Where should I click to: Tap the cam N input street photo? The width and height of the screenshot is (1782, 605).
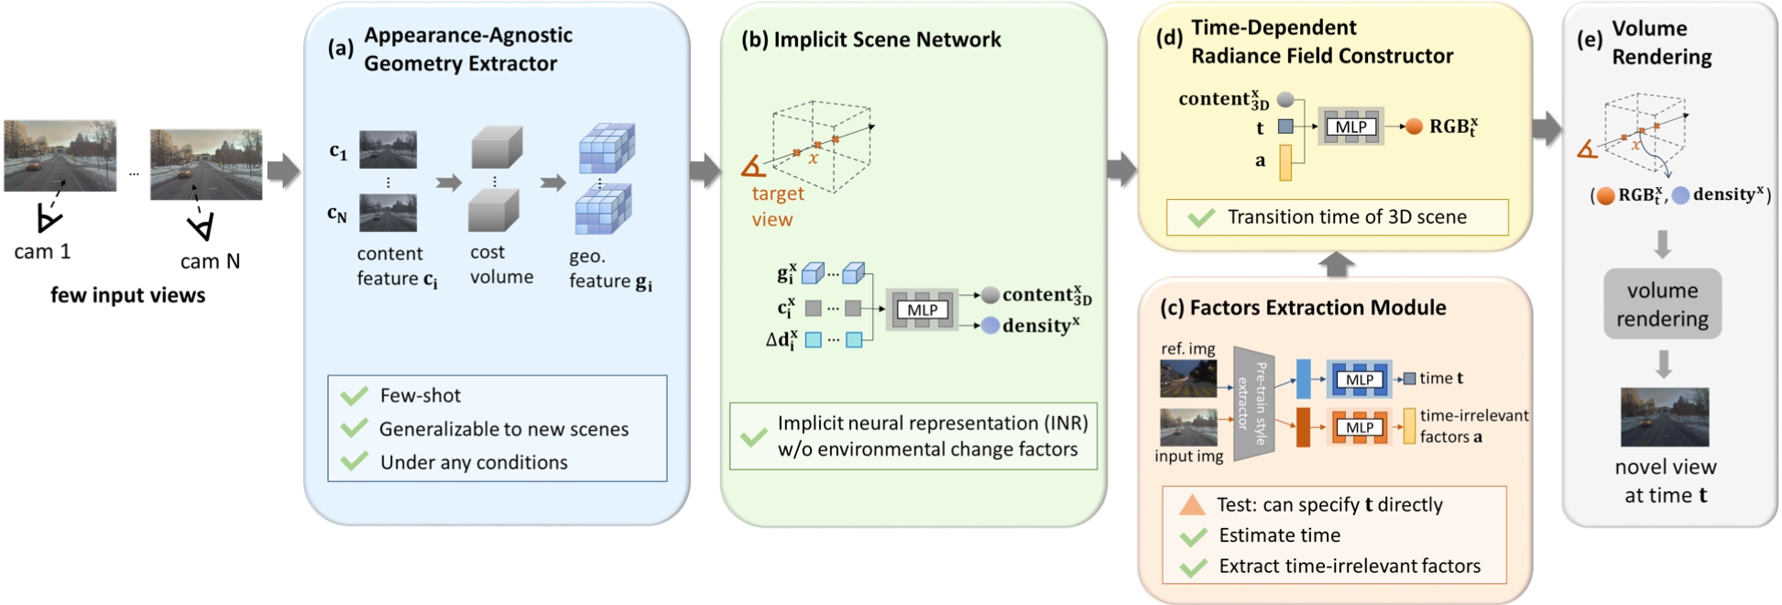click(x=206, y=164)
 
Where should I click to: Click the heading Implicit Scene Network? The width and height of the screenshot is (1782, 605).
click(x=887, y=39)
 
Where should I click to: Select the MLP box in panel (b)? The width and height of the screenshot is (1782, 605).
click(x=922, y=310)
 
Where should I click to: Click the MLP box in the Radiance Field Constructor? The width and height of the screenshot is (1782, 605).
click(x=1350, y=126)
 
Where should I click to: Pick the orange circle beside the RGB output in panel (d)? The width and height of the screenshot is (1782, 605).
click(x=1414, y=126)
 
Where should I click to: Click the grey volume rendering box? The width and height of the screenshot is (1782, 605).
click(x=1662, y=304)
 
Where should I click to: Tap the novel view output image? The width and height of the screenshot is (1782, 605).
click(x=1664, y=417)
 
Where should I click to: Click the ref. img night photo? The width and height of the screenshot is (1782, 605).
click(x=1187, y=378)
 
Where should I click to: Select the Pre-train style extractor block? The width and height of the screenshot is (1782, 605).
click(x=1253, y=403)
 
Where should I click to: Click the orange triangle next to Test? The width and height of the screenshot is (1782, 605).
click(x=1192, y=504)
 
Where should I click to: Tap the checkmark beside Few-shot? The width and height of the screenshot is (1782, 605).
click(x=354, y=396)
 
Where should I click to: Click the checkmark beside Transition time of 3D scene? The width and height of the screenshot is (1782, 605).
click(x=1200, y=217)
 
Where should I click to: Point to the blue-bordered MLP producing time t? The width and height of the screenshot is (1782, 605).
click(x=1359, y=379)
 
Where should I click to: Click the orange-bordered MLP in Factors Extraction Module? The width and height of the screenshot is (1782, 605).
click(x=1359, y=427)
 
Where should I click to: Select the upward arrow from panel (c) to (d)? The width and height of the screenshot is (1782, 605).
click(x=1336, y=264)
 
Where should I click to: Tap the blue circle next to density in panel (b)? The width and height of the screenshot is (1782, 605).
click(x=989, y=325)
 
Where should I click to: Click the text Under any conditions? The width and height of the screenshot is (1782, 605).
click(x=474, y=462)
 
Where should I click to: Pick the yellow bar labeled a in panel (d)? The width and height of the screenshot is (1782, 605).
click(x=1285, y=162)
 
